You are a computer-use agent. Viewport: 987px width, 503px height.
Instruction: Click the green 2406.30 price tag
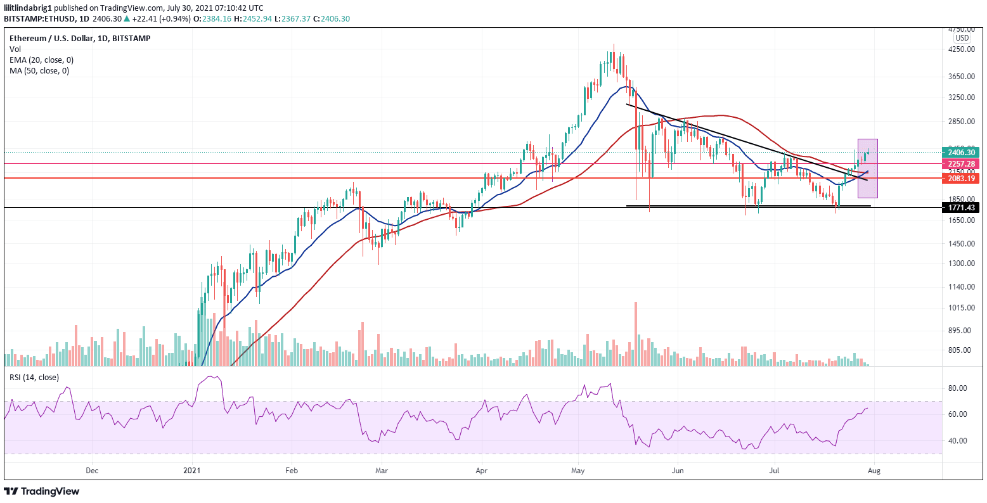pyautogui.click(x=961, y=152)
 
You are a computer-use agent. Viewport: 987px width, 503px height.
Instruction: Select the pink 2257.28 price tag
pyautogui.click(x=961, y=163)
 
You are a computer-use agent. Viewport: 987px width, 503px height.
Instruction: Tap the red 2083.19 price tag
pyautogui.click(x=961, y=179)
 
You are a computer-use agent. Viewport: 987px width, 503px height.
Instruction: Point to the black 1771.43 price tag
pyautogui.click(x=961, y=208)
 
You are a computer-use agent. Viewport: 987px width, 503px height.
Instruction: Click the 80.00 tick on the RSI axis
pyautogui.click(x=958, y=388)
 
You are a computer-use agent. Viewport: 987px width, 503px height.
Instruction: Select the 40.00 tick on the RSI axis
pyautogui.click(x=958, y=441)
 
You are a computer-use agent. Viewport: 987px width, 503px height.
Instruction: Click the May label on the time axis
pyautogui.click(x=577, y=471)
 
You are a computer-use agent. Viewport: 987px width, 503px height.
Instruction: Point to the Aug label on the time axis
pyautogui.click(x=874, y=471)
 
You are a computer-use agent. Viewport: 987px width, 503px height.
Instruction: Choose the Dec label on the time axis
pyautogui.click(x=92, y=471)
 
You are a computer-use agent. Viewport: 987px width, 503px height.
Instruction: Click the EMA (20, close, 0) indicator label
pyautogui.click(x=41, y=60)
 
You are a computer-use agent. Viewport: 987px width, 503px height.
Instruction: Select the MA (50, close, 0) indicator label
pyautogui.click(x=39, y=70)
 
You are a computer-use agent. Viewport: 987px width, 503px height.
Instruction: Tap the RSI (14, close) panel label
pyautogui.click(x=34, y=377)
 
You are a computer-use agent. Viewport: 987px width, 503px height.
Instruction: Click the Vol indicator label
pyautogui.click(x=15, y=49)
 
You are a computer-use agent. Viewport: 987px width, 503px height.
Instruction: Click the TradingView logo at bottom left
pyautogui.click(x=42, y=491)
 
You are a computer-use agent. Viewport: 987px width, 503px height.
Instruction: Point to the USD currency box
pyautogui.click(x=961, y=37)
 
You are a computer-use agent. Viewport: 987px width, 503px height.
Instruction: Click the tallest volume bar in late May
pyautogui.click(x=635, y=334)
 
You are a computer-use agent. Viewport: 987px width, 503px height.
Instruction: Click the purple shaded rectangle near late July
pyautogui.click(x=867, y=169)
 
